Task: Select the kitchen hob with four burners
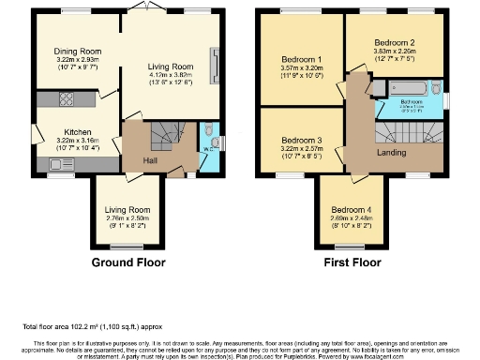point(67,98)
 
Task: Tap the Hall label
point(150,160)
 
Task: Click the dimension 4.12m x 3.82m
point(170,78)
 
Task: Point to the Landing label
point(391,153)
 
